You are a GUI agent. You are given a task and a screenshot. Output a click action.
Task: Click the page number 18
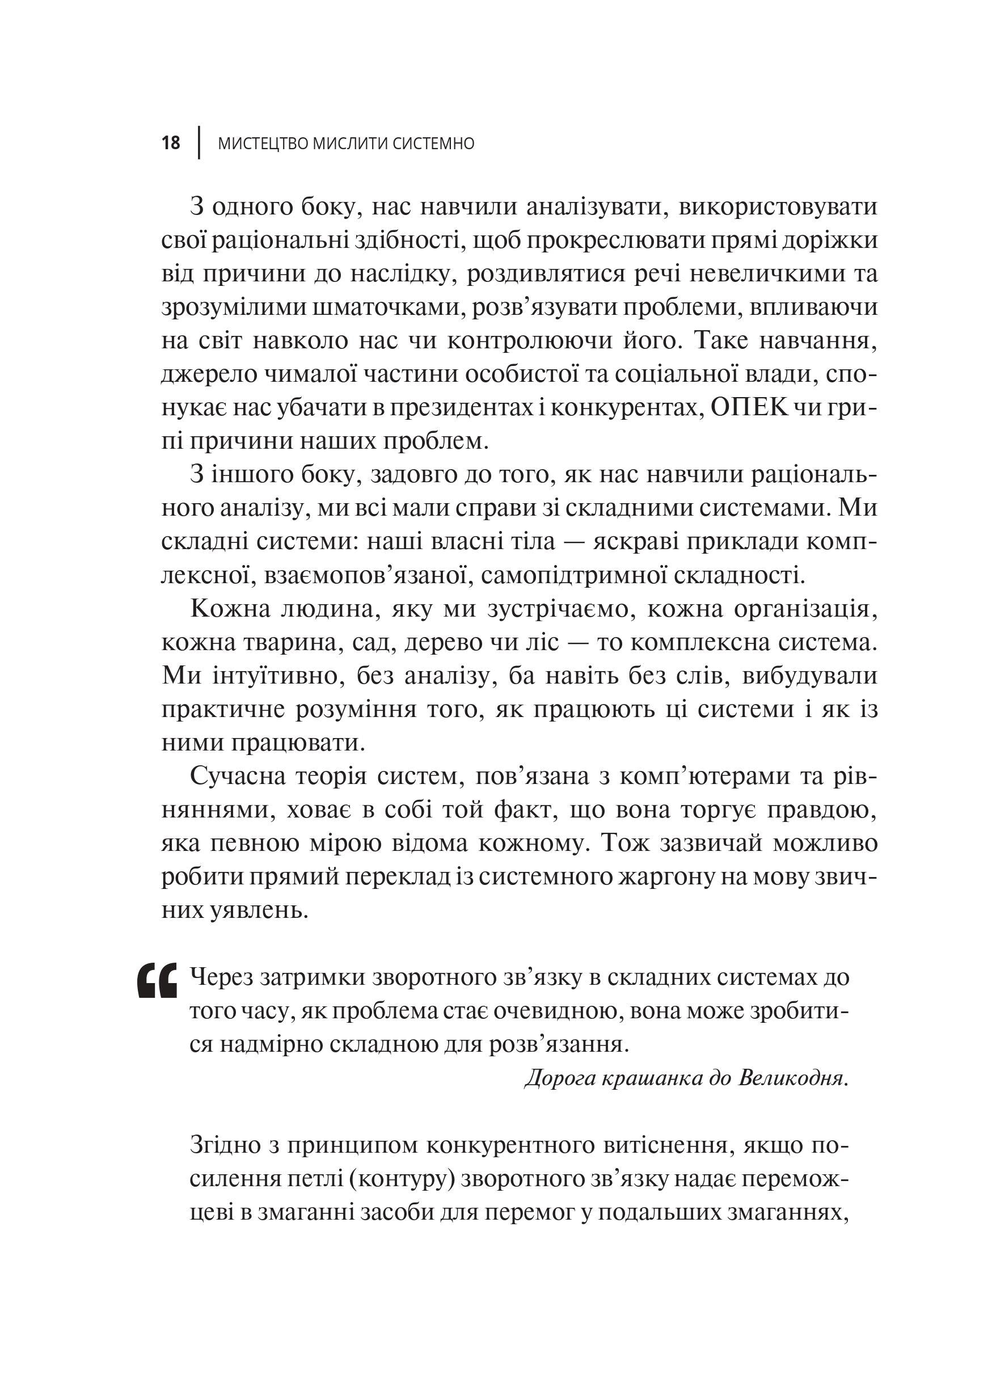click(x=171, y=143)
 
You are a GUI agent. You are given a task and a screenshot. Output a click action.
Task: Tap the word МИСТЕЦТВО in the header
click(x=263, y=144)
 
